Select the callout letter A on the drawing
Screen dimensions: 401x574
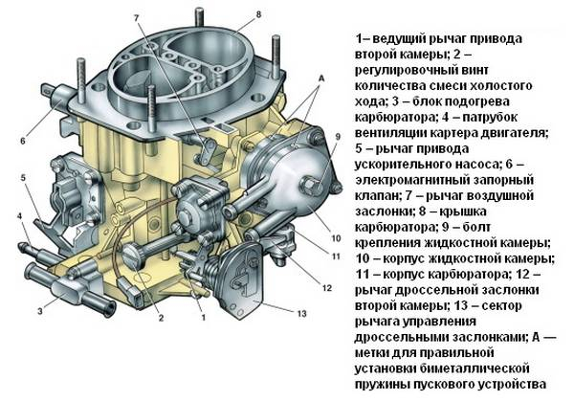pos(320,76)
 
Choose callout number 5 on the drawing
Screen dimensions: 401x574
pos(21,178)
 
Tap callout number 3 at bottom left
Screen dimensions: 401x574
pos(40,312)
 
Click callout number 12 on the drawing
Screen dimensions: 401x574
pos(326,287)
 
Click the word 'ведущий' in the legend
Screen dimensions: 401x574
pos(396,39)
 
